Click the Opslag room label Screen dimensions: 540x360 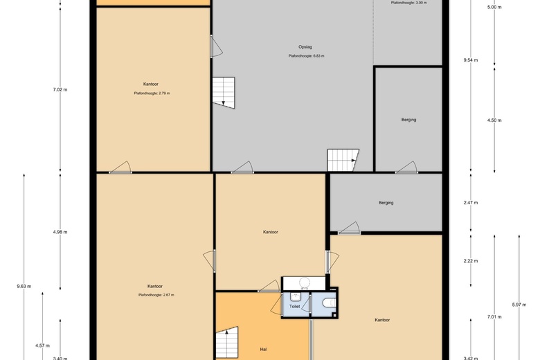click(305, 47)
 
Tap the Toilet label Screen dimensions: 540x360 click(294, 306)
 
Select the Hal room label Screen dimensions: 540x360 click(264, 350)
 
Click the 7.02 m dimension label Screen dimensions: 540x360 click(60, 89)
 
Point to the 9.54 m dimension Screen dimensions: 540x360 click(471, 60)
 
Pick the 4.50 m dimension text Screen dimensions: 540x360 click(494, 120)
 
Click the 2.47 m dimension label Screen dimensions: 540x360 click(471, 203)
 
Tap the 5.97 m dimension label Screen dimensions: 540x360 click(519, 305)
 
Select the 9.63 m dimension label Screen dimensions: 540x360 click(24, 286)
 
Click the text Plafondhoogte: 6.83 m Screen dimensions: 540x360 click(306, 56)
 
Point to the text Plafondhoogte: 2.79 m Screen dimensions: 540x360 click(152, 93)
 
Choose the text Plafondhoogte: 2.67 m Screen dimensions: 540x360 click(156, 295)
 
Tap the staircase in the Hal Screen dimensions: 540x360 click(227, 343)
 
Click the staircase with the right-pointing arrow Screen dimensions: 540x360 click(343, 160)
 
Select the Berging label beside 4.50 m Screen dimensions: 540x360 click(408, 120)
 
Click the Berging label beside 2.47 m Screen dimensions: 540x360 click(386, 203)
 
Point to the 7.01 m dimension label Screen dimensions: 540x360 click(494, 317)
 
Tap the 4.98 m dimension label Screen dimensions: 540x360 click(60, 232)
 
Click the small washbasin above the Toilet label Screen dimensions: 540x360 click(295, 296)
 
